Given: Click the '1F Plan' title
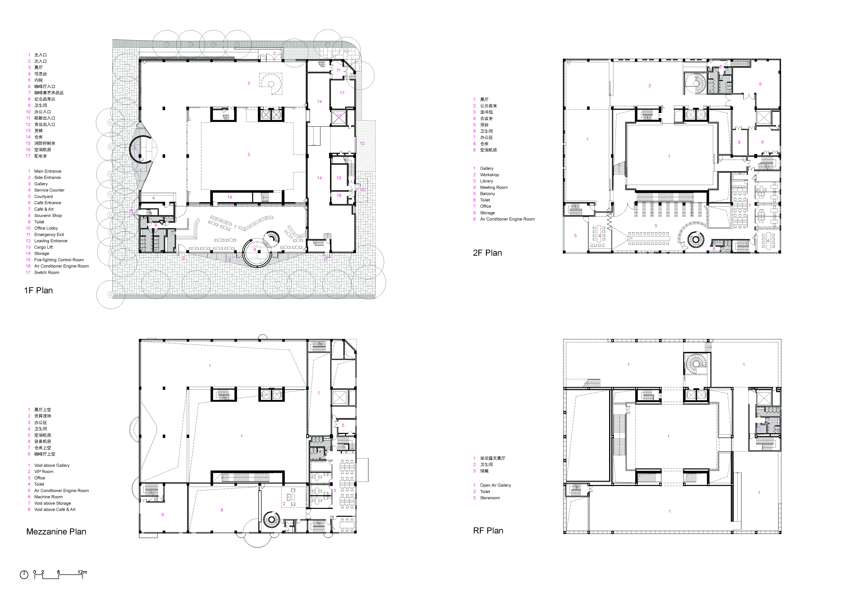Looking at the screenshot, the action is point(39,290).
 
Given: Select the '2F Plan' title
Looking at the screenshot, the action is point(487,253).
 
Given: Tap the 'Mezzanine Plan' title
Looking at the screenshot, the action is point(56,531).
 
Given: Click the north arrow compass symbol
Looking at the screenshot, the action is point(24,575).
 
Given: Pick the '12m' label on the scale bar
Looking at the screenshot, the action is point(82,572).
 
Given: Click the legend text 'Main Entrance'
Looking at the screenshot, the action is point(48,171).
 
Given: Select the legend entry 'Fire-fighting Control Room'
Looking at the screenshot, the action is point(59,260).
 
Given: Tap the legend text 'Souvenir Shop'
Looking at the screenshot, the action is point(48,215).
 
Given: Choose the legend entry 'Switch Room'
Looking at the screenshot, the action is point(47,273).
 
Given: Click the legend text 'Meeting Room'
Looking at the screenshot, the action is point(494,187).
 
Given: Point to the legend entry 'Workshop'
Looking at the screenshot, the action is point(490,175).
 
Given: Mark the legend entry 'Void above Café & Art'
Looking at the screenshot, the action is point(55,510).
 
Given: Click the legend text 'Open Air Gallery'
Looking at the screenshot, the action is point(496,485).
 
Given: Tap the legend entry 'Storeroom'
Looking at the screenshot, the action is point(490,498).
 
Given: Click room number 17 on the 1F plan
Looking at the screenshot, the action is point(342,93).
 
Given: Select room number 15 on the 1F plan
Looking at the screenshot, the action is point(339,178).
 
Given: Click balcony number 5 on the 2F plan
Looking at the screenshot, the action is point(575,235).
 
